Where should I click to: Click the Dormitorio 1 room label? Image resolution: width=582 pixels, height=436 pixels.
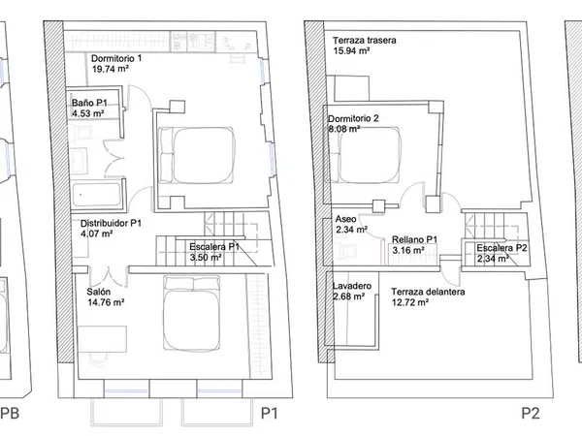(116, 58)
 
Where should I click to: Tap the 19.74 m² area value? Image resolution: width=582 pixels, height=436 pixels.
(111, 69)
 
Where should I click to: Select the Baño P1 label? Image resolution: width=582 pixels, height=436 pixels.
(89, 103)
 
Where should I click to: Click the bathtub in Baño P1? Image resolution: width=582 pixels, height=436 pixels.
(97, 195)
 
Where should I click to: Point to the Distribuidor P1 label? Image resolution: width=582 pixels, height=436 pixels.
(111, 223)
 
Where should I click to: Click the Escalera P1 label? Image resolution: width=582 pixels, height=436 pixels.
(214, 246)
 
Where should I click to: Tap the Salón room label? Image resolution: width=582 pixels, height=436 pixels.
(98, 292)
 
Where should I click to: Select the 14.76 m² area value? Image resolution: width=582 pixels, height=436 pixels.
(106, 302)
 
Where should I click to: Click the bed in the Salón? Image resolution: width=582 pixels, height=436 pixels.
(191, 313)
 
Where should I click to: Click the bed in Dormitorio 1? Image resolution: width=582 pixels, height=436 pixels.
(197, 155)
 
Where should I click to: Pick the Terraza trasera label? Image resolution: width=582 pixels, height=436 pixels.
(364, 40)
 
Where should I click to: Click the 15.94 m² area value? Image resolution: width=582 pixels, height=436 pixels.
(351, 50)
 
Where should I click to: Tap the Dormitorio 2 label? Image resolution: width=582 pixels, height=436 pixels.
(353, 118)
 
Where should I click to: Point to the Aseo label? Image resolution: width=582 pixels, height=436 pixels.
(345, 219)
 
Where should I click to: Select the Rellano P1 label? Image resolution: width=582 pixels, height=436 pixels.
(414, 239)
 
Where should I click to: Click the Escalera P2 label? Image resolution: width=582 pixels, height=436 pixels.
(501, 248)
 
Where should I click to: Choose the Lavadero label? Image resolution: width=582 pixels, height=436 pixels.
(352, 286)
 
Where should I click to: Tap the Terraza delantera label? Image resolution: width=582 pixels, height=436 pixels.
(428, 292)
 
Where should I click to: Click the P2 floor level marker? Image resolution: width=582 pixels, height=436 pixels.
(531, 413)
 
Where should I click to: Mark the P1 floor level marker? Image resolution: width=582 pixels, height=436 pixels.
(269, 413)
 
